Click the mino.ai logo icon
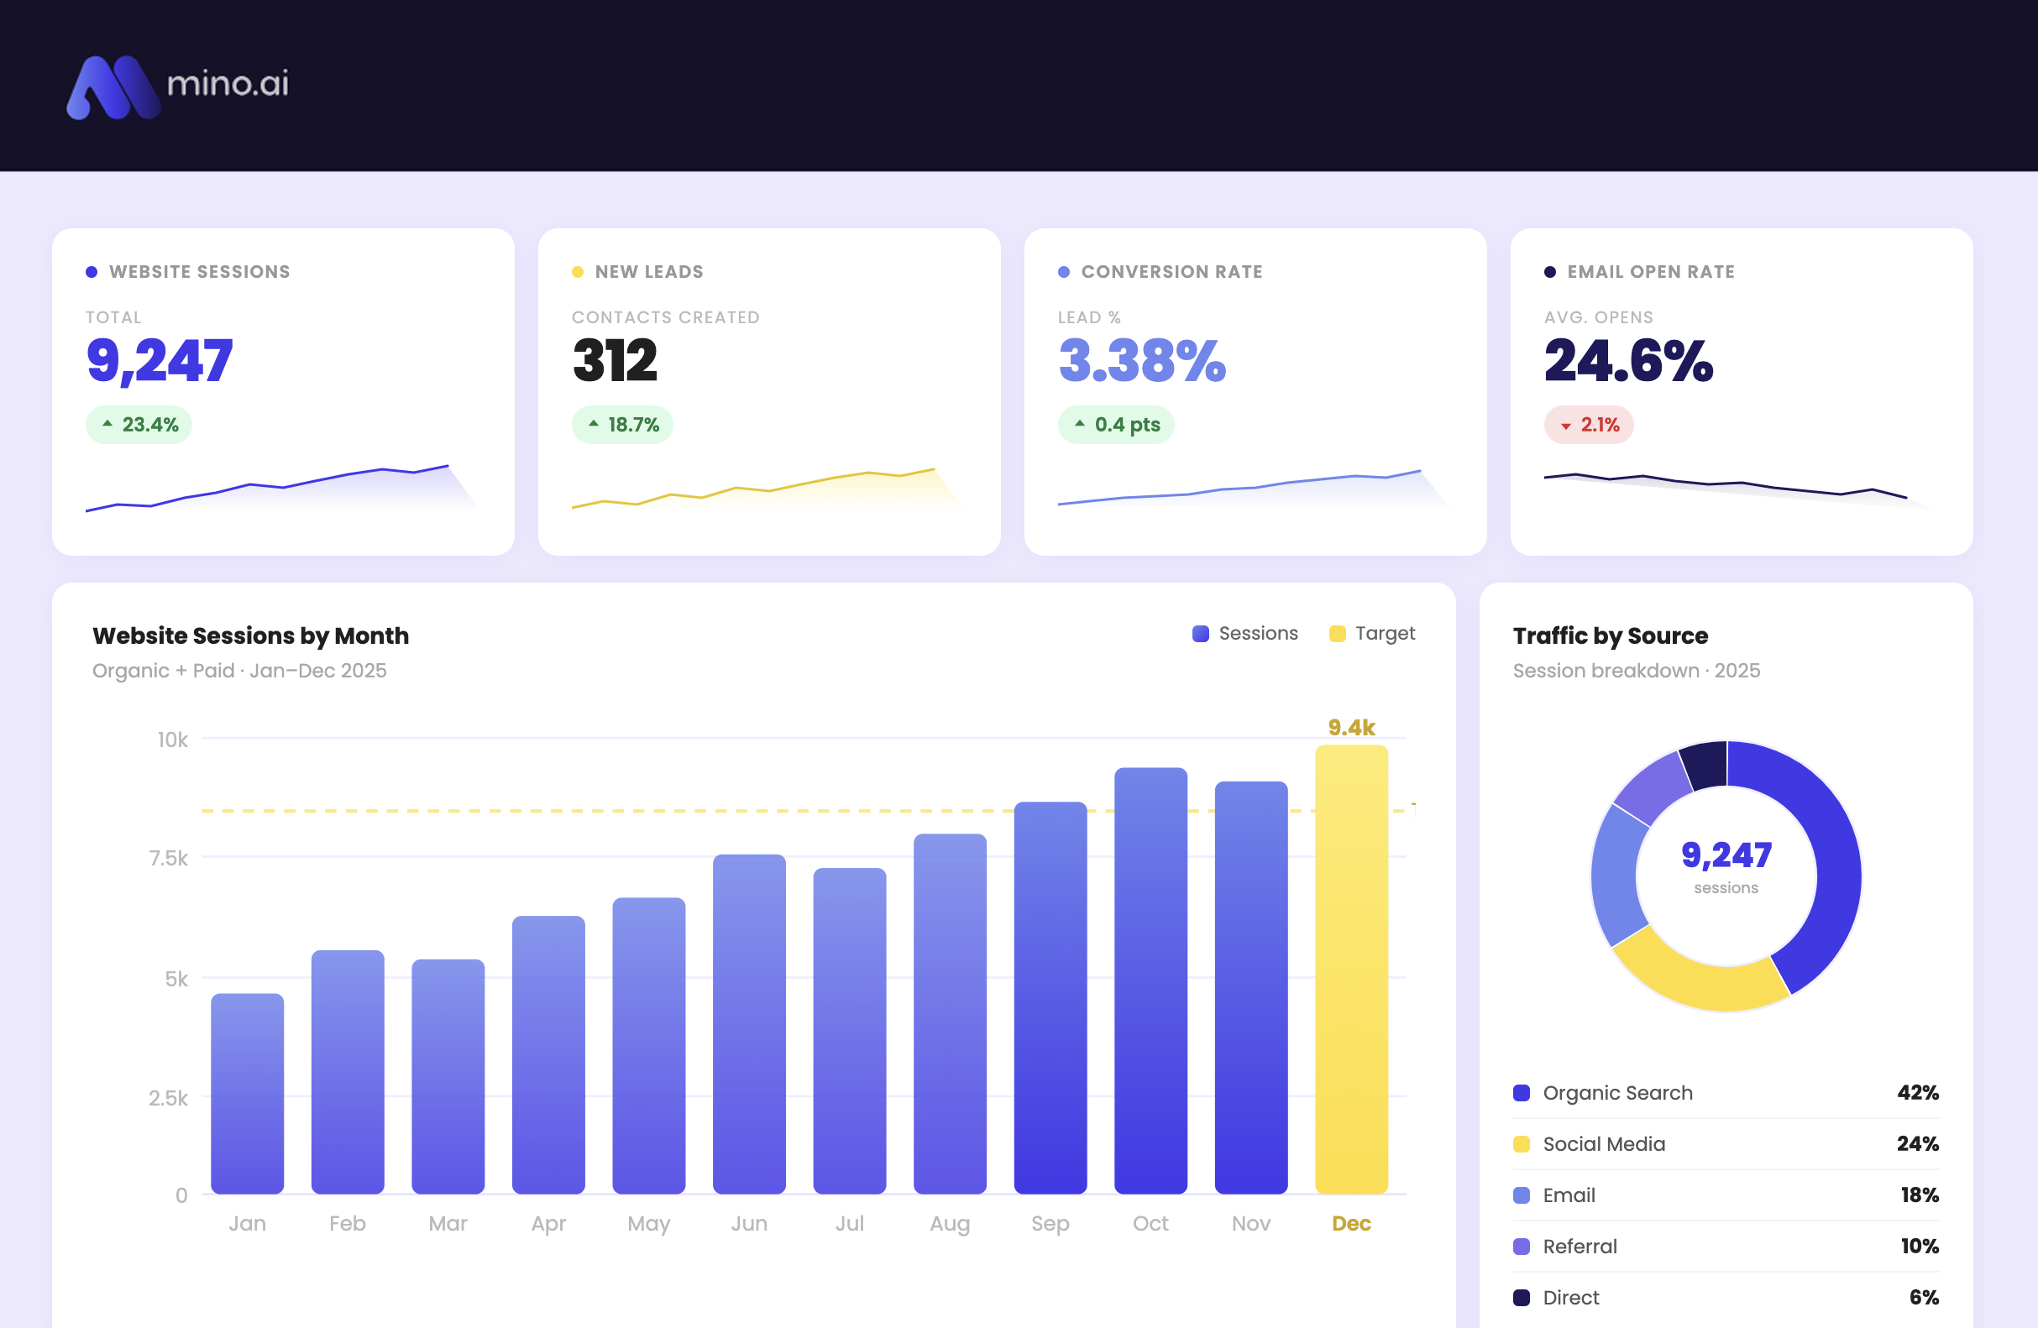pos(113,87)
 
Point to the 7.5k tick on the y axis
pos(169,858)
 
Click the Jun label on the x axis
pos(748,1223)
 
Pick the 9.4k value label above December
pos(1350,727)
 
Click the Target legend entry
pos(1372,634)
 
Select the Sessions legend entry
pos(1245,634)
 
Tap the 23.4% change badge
pos(139,425)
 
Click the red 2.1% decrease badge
pos(1589,425)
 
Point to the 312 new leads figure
pos(615,360)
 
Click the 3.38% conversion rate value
pos(1141,360)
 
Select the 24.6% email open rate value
pos(1628,360)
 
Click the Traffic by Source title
pos(1610,635)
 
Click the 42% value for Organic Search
pos(1917,1093)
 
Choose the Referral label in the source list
pos(1580,1246)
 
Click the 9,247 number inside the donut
pos(1726,855)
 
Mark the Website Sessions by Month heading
pos(250,635)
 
